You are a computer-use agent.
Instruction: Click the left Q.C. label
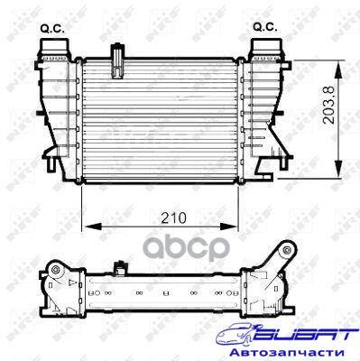[52, 29]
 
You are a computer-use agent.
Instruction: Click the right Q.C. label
[265, 28]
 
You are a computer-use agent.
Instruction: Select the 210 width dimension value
[173, 218]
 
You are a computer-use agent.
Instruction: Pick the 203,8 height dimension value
[329, 105]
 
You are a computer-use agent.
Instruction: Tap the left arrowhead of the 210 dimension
[91, 227]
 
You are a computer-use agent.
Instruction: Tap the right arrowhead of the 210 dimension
[229, 227]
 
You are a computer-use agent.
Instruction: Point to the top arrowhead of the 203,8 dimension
[338, 69]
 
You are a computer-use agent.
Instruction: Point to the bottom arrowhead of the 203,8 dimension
[338, 169]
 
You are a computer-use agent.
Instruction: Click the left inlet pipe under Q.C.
[53, 47]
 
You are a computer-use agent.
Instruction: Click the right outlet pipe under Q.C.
[266, 47]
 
